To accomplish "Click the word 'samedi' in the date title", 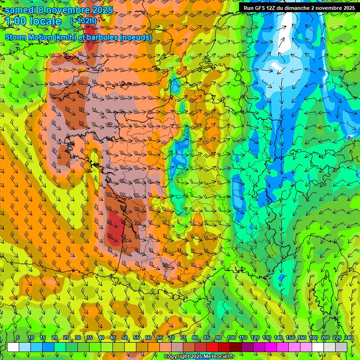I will point(20,9).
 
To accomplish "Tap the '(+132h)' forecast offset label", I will point(83,21).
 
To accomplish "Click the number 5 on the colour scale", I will point(18,337).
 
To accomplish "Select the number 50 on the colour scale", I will point(125,337).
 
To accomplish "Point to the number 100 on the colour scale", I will point(231,337).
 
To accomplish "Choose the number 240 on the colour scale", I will point(348,337).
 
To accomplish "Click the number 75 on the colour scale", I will point(184,337).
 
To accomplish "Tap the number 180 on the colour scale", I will point(313,337).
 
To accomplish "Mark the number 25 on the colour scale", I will point(66,337).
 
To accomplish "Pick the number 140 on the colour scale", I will point(278,337).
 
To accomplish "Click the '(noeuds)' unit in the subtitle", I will point(136,37).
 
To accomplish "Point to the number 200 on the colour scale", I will point(325,337).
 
